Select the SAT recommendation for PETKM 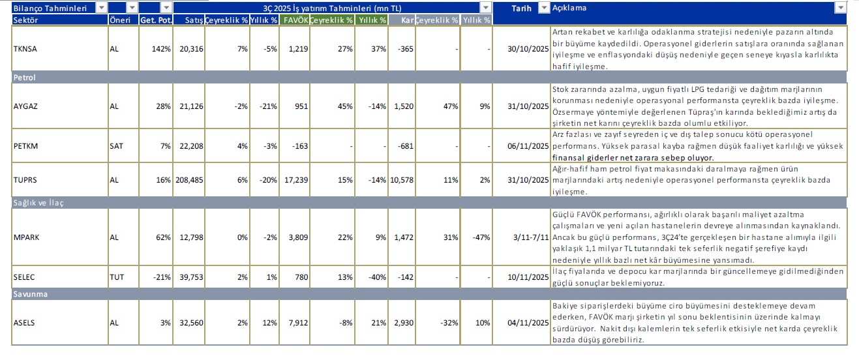[116, 146]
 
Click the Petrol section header [25, 77]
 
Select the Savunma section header [29, 294]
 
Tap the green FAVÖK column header [295, 20]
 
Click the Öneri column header [118, 20]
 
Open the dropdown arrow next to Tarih [544, 8]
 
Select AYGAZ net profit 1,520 [403, 106]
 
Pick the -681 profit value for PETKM [405, 146]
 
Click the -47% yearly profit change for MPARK [481, 237]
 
